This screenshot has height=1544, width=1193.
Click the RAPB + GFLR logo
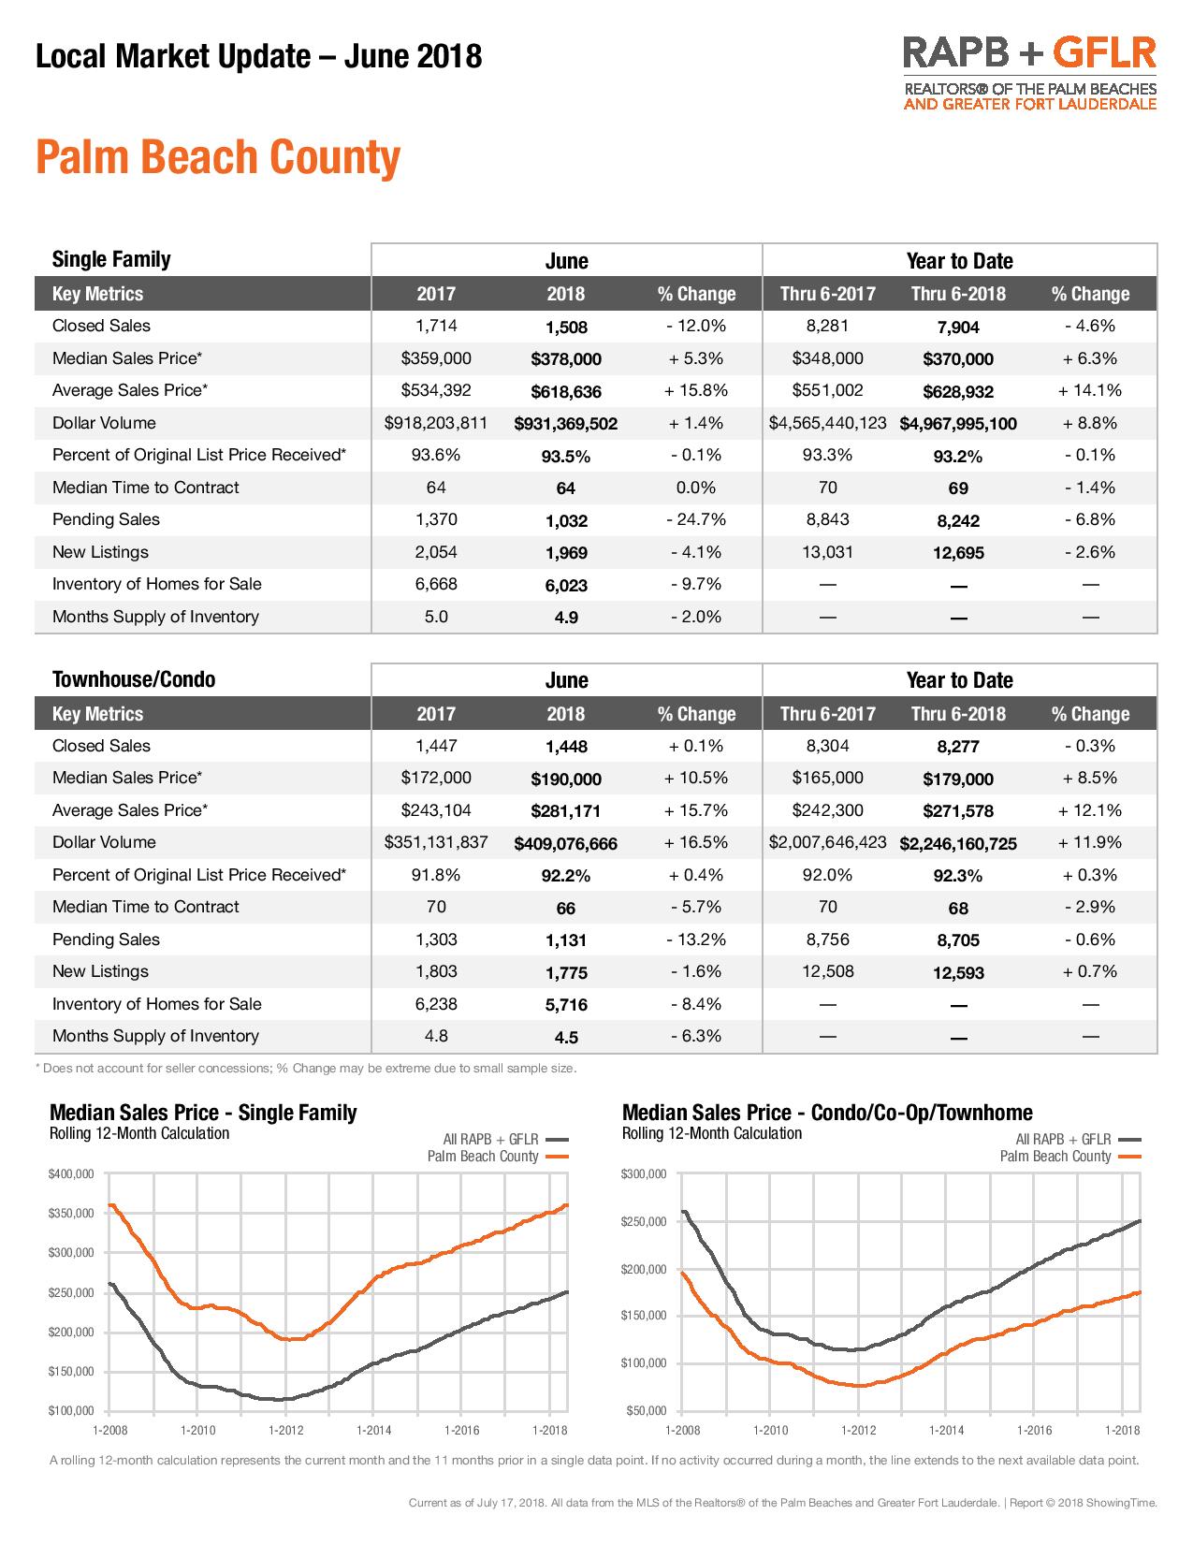coord(1029,73)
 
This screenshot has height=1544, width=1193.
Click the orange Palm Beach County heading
coord(218,157)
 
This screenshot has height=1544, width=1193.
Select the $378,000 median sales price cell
coord(565,358)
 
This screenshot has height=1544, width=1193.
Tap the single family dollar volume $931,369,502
coord(565,424)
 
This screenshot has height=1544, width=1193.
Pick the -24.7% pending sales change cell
coord(695,519)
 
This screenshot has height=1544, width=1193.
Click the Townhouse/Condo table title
coord(134,679)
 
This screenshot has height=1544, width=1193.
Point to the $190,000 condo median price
coord(565,779)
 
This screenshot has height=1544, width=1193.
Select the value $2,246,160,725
coord(958,843)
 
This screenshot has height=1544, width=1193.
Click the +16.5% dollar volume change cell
coord(695,842)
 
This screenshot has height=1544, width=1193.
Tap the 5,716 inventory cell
coord(565,1005)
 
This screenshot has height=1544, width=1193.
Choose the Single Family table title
coord(111,259)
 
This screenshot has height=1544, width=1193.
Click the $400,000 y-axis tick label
coord(71,1173)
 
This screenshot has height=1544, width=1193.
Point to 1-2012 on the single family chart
coord(285,1430)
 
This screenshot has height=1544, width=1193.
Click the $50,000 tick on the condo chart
coord(646,1410)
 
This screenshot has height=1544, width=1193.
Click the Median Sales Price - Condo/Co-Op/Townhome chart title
coord(827,1112)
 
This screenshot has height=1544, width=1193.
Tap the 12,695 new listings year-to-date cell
coord(958,553)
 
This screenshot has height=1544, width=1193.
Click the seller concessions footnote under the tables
coord(306,1068)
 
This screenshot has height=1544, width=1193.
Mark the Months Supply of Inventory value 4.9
coord(565,618)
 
